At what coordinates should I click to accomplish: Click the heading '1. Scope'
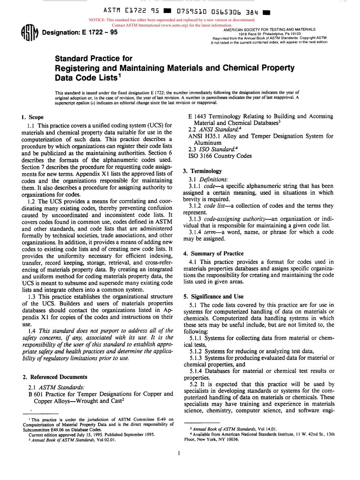coord(32,117)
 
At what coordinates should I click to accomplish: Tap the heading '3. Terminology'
coord(202,171)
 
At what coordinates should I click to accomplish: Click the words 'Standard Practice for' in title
coord(94,59)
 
